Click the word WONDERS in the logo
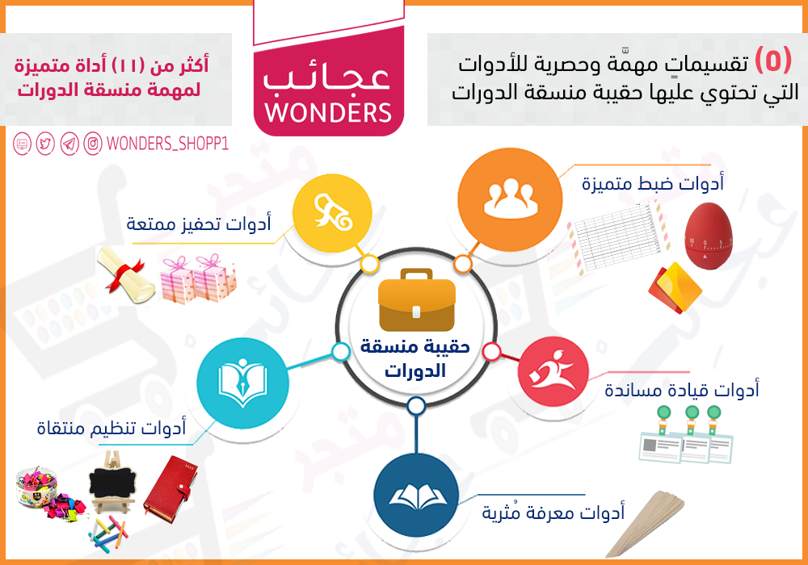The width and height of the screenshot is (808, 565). click(x=328, y=113)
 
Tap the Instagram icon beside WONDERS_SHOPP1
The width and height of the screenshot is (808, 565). click(x=93, y=144)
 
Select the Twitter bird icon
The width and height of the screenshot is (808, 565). click(x=45, y=144)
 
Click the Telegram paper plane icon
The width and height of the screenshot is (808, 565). click(x=69, y=144)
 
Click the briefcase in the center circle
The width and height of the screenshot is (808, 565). click(x=416, y=300)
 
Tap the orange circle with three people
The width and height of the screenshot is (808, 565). click(x=510, y=200)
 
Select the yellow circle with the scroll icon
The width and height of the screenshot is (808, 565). click(x=332, y=213)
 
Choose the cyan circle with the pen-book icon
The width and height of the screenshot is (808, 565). click(x=242, y=383)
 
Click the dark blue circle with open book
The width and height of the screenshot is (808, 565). click(x=416, y=495)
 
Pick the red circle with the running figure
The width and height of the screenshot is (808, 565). click(x=553, y=371)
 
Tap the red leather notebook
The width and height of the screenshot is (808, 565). click(x=170, y=486)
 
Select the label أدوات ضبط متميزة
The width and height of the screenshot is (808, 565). click(x=653, y=183)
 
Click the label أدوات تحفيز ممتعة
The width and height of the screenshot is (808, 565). click(x=199, y=224)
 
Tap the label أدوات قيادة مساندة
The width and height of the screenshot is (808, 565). click(x=682, y=390)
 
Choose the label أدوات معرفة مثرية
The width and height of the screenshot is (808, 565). click(x=553, y=512)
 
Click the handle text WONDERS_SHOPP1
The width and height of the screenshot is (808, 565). click(x=167, y=144)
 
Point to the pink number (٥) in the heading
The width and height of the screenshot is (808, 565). click(x=773, y=61)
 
